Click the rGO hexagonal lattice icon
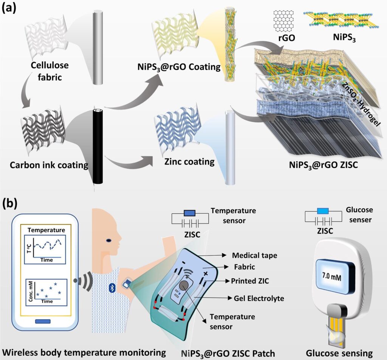[x=283, y=21]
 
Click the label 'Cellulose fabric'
[x=50, y=71]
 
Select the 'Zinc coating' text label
[x=189, y=162]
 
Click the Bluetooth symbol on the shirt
[x=112, y=288]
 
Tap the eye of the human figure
[x=108, y=240]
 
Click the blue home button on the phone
[x=43, y=321]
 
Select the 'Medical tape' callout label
[x=254, y=255]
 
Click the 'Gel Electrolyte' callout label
[x=259, y=298]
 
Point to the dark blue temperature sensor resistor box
[x=190, y=213]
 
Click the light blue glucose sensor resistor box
[x=323, y=211]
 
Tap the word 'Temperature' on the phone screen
[x=46, y=230]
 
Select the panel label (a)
[x=9, y=8]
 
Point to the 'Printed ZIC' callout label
[x=250, y=281]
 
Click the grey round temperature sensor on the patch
[x=184, y=287]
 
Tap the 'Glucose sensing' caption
[x=339, y=353]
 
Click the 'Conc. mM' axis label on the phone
[x=31, y=291]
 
